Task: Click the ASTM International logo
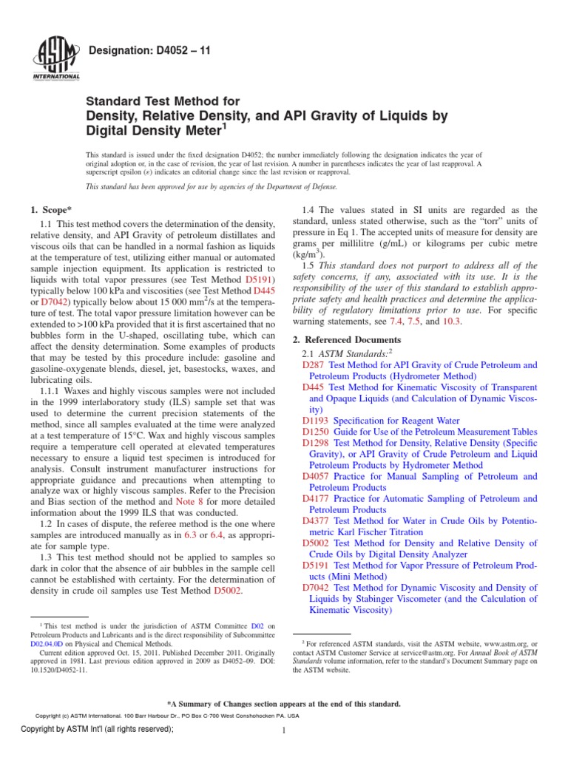click(56, 58)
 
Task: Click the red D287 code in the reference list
click(314, 365)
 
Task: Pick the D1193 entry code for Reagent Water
click(317, 420)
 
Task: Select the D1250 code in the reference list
click(317, 431)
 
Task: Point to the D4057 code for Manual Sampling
click(317, 477)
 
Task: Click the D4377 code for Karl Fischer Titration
click(317, 521)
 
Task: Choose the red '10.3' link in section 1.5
click(451, 322)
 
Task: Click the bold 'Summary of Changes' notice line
click(284, 704)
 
